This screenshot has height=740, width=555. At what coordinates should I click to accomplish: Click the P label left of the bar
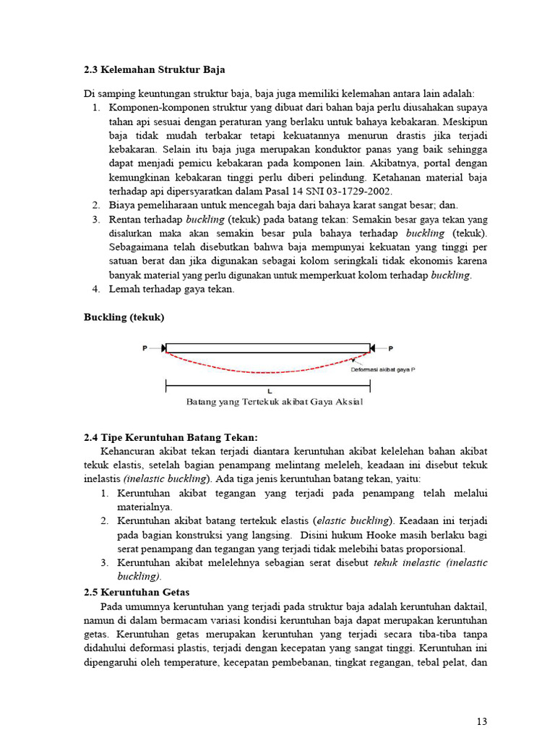[x=145, y=348]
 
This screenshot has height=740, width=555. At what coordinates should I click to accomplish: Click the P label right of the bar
[x=390, y=348]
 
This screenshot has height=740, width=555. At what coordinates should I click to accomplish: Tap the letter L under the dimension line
[x=269, y=391]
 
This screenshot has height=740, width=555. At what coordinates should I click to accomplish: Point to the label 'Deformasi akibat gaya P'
[x=383, y=369]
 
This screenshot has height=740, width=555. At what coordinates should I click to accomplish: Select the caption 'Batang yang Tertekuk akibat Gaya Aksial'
[x=275, y=402]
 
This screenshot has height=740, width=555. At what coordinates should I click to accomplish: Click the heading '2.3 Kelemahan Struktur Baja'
[x=154, y=70]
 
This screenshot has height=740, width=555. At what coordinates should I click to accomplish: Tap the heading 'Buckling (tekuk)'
[x=124, y=317]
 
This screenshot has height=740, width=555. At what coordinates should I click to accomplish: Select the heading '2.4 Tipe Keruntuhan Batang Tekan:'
[x=170, y=438]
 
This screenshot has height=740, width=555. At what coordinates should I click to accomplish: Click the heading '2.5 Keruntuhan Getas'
[x=137, y=592]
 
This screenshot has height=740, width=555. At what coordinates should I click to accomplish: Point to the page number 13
[x=482, y=720]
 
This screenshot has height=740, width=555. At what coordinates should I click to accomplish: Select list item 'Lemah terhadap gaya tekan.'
[x=171, y=289]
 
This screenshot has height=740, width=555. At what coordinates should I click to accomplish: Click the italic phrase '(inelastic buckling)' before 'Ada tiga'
[x=167, y=479]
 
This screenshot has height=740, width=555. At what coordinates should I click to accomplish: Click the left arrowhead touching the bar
[x=163, y=348]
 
